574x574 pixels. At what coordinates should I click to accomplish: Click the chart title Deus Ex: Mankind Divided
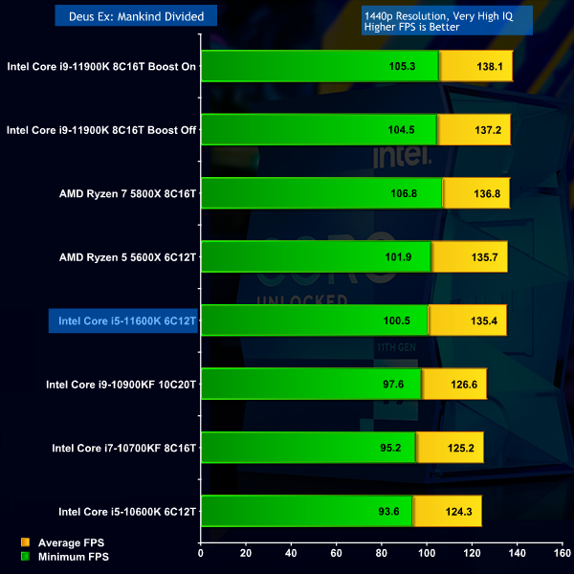136,15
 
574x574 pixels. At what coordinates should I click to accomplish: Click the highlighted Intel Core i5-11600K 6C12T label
127,321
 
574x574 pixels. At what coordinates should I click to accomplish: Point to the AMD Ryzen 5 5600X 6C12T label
127,257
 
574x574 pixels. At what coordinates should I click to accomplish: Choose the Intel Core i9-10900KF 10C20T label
121,386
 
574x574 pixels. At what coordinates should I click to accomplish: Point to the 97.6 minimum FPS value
395,385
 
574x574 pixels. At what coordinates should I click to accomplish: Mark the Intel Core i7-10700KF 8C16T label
123,448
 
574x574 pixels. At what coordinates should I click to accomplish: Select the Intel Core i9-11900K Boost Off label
101,130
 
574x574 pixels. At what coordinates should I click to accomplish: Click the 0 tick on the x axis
201,552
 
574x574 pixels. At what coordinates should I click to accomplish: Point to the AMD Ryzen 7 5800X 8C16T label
127,194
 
